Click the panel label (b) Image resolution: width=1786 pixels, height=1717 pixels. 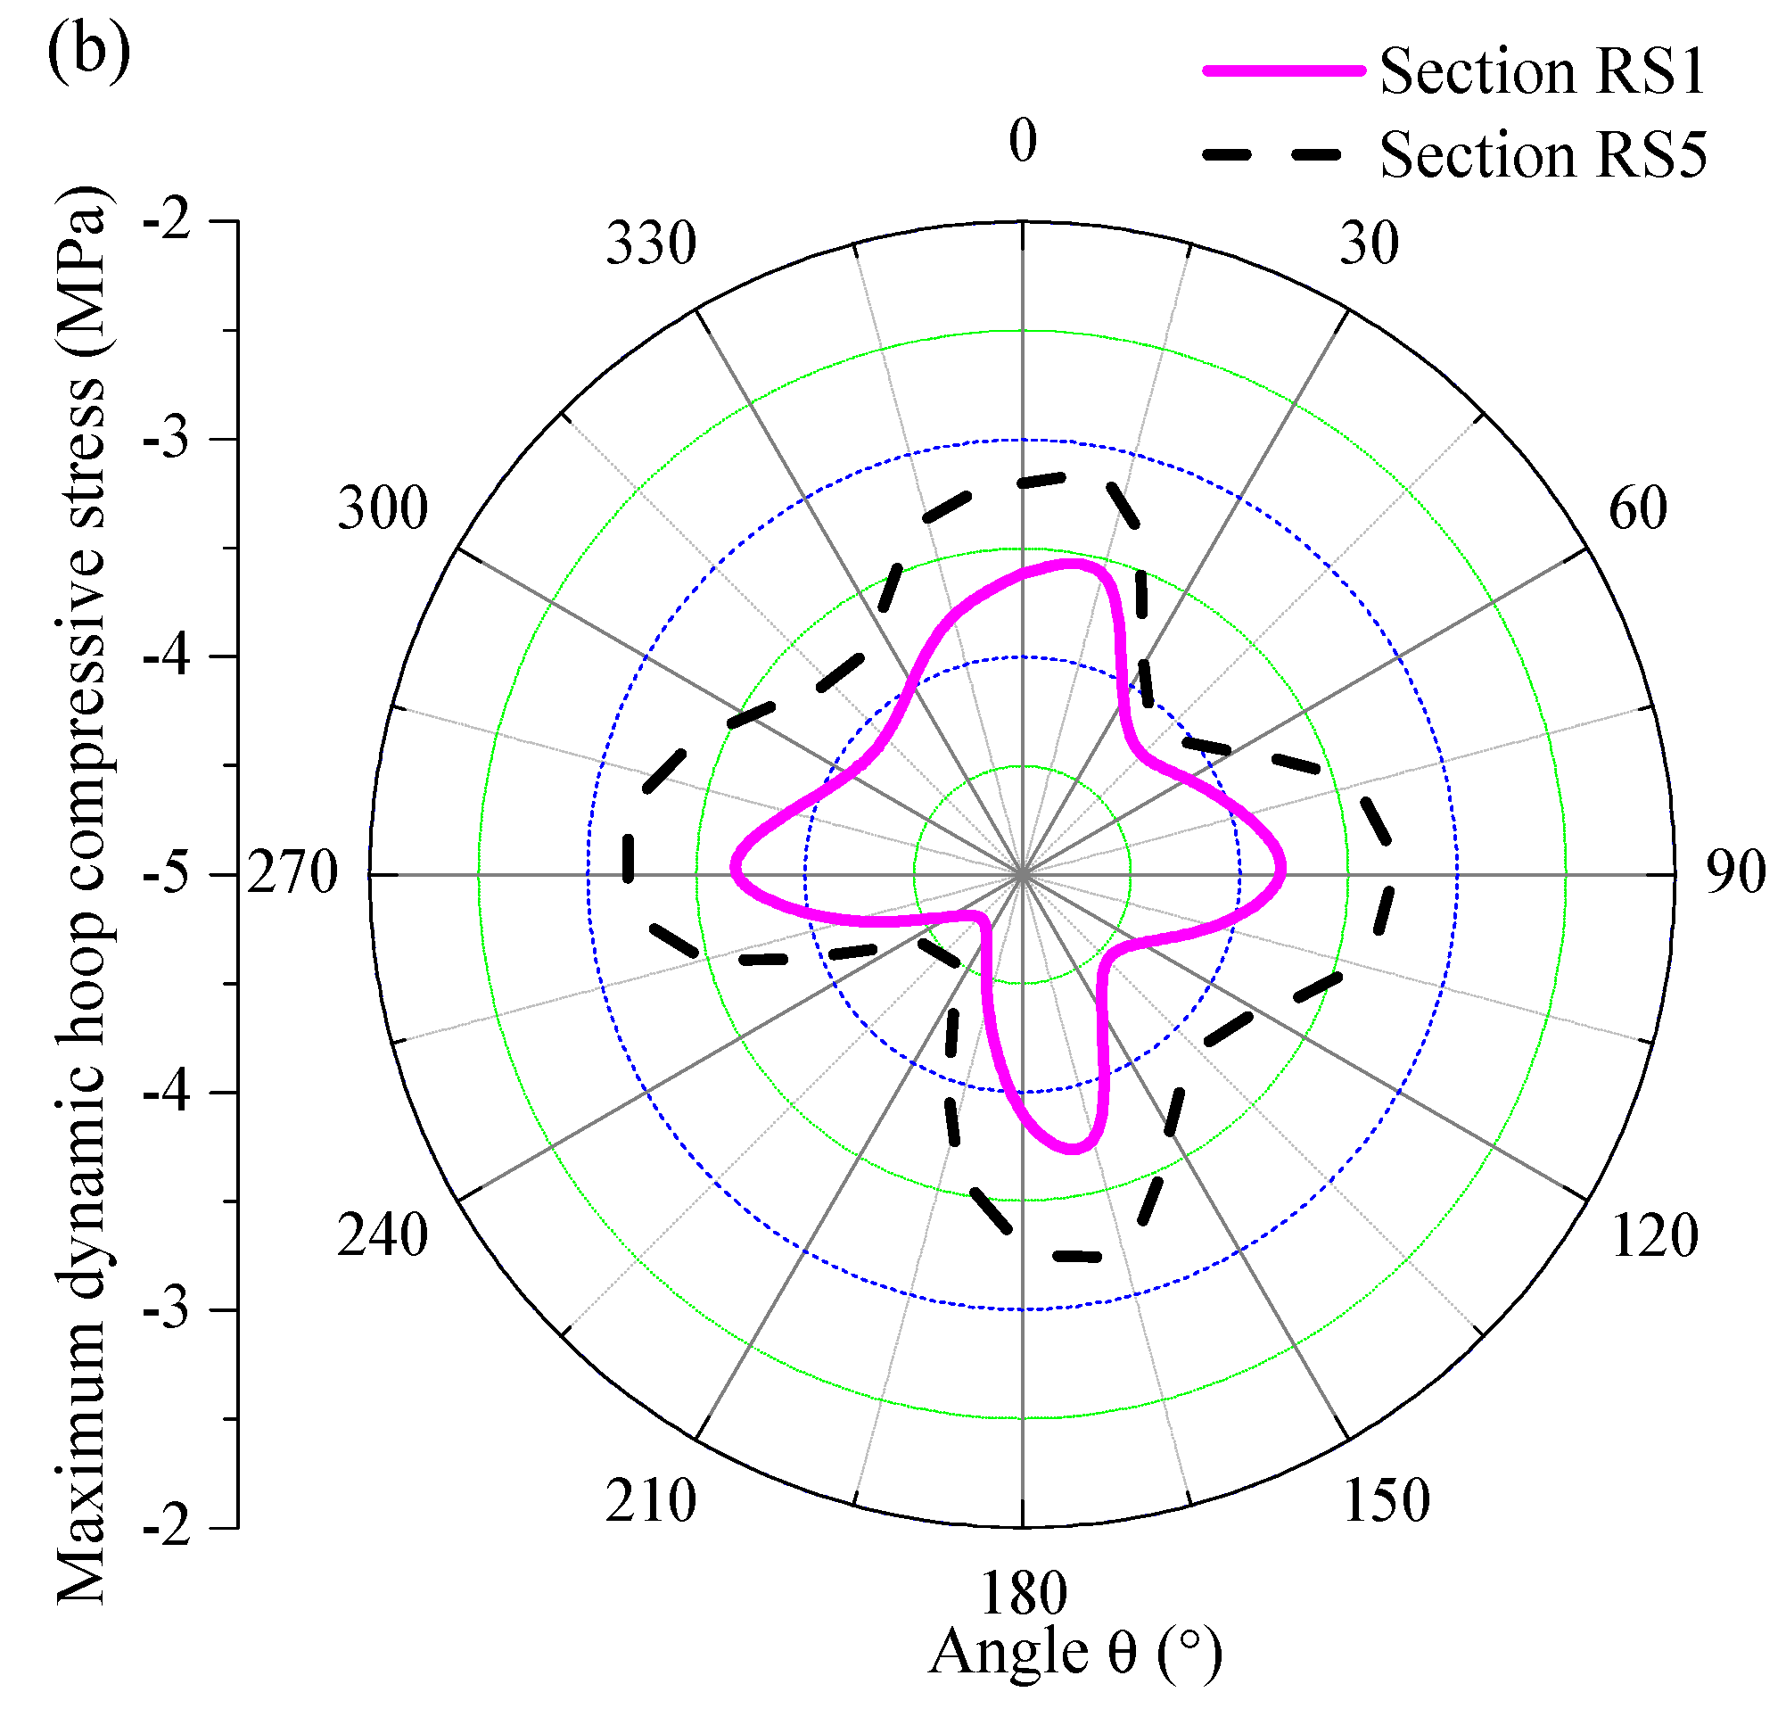(x=88, y=52)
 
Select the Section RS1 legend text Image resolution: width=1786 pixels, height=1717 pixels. (x=1542, y=71)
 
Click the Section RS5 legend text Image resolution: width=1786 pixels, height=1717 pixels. (x=1542, y=155)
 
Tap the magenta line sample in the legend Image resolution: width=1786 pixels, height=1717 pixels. (x=1283, y=70)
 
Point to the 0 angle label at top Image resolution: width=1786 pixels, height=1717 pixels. (x=1023, y=141)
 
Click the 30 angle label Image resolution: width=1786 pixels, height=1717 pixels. (x=1369, y=244)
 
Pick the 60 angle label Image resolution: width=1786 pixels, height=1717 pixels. (x=1637, y=508)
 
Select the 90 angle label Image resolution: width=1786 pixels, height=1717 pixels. (x=1735, y=872)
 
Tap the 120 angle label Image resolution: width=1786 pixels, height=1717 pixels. (x=1654, y=1237)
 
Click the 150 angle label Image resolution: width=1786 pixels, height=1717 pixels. (x=1386, y=1501)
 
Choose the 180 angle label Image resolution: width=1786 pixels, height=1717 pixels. (x=1023, y=1594)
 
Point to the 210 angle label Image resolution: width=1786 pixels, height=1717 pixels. (x=651, y=1501)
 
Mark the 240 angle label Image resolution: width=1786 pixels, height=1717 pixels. (x=383, y=1237)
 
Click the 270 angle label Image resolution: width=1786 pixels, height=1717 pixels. (x=292, y=874)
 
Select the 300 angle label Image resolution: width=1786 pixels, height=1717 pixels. (x=383, y=508)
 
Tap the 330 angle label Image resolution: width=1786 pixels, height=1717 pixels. (x=651, y=244)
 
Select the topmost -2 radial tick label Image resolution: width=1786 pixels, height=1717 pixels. (x=168, y=220)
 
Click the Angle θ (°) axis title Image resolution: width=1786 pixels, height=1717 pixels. (x=1075, y=1651)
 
